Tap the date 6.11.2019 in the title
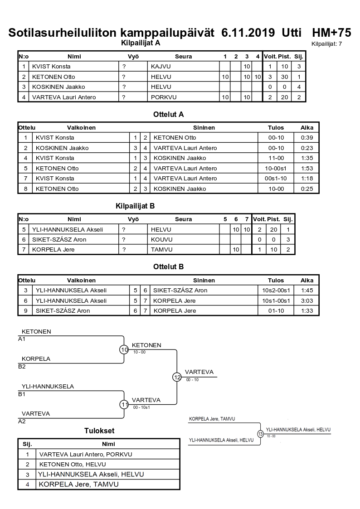click(x=248, y=33)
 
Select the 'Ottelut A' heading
click(x=168, y=115)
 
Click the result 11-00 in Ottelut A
click(x=276, y=158)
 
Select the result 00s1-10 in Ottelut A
click(x=276, y=179)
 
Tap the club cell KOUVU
click(x=161, y=239)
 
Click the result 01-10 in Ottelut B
click(x=276, y=311)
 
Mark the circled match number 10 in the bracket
click(x=124, y=349)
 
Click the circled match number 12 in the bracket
click(x=177, y=377)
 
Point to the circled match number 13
click(x=260, y=434)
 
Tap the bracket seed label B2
click(x=22, y=367)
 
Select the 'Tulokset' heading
click(x=99, y=431)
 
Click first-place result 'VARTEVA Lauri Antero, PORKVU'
click(x=86, y=454)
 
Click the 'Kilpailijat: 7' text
click(x=326, y=44)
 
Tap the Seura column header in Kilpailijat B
click(x=183, y=219)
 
